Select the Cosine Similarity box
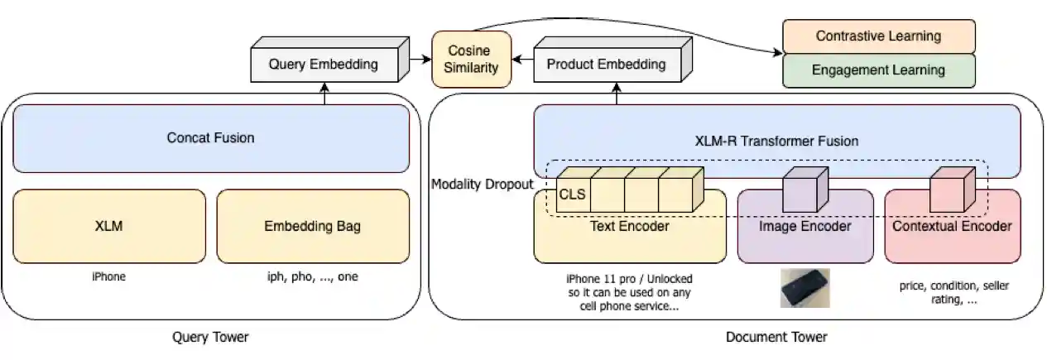(x=471, y=59)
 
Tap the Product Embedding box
(x=605, y=64)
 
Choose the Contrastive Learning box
(x=878, y=36)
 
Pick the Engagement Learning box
(x=878, y=70)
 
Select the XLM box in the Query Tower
(x=109, y=226)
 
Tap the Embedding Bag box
(x=312, y=226)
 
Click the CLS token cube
(x=573, y=195)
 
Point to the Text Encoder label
(x=629, y=225)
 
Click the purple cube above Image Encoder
(x=801, y=190)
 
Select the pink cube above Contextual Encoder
(x=948, y=190)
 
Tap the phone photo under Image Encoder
(x=804, y=288)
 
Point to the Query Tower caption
(x=209, y=337)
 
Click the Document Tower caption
(x=776, y=337)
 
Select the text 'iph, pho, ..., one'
(x=312, y=276)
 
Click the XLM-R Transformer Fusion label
(x=776, y=141)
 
